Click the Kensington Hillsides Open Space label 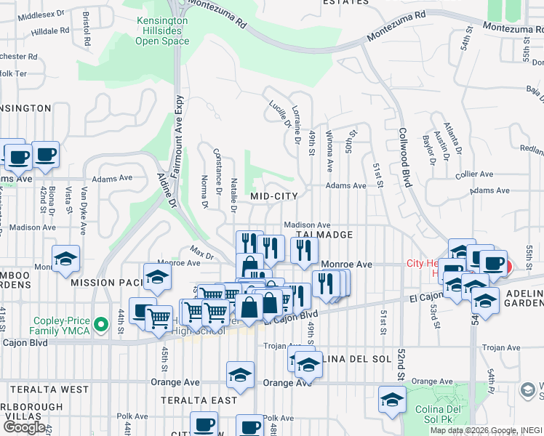162,31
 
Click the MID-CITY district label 274,196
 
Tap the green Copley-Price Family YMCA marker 105,325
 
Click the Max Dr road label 201,253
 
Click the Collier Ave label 474,175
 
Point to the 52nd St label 401,365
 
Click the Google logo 25,427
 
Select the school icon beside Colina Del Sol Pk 392,400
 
